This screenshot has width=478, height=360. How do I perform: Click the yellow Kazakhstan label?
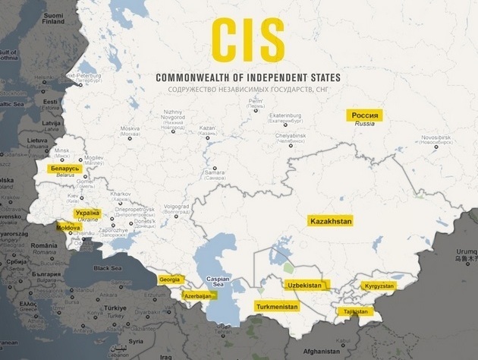pos(332,220)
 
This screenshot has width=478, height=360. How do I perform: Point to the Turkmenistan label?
pos(277,307)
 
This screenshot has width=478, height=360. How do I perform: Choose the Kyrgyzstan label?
pos(379,286)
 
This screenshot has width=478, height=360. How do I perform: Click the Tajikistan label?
pos(354,311)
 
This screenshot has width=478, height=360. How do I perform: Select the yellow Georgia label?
pos(170,279)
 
